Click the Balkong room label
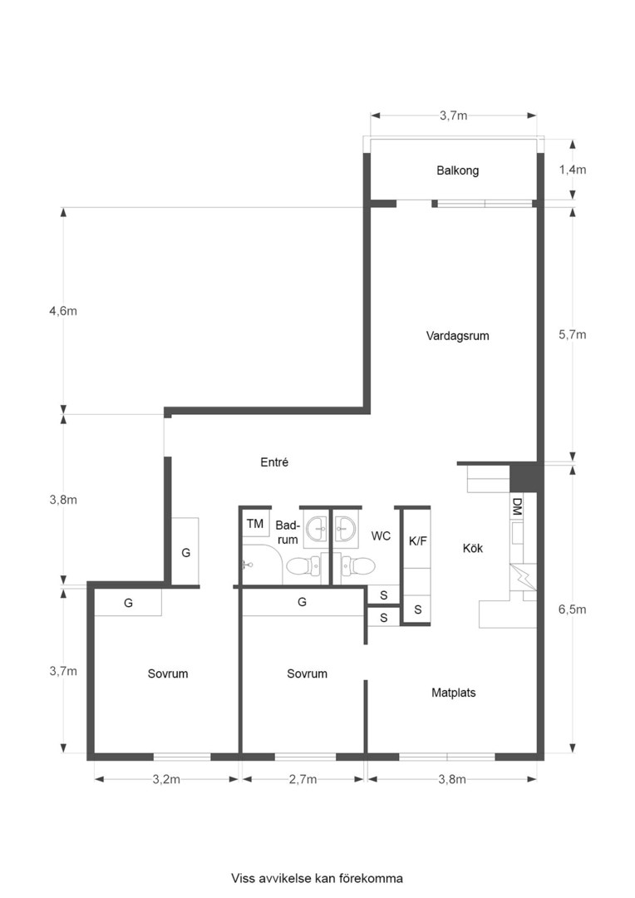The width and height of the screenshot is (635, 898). coord(457,171)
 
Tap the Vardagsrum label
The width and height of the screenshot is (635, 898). coord(457,337)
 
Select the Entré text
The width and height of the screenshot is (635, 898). coord(273,462)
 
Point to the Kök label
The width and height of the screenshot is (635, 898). coord(473,549)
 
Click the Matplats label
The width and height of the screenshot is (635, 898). coord(454,692)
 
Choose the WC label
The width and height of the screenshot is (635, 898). coord(381,536)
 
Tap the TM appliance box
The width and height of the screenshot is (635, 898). coord(255,524)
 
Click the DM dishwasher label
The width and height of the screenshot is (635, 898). coord(517,506)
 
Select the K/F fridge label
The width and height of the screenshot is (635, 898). coord(417,540)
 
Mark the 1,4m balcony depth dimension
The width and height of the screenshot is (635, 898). coord(572,170)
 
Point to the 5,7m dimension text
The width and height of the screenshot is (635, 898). coord(572,335)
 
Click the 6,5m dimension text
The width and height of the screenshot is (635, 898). coord(572,609)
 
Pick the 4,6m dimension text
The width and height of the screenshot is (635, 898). coord(63,311)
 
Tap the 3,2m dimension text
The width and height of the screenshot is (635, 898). coord(167,780)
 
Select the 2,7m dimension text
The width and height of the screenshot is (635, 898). coord(303,780)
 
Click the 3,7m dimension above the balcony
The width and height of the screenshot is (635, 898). coord(453,116)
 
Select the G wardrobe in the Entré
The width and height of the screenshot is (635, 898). coord(185,552)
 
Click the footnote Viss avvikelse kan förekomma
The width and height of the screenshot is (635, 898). coord(317,878)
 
